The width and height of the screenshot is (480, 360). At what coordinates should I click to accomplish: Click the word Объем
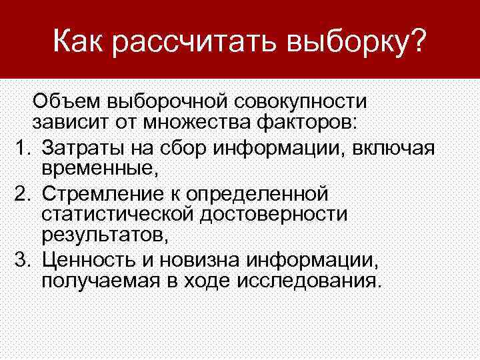point(66,102)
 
